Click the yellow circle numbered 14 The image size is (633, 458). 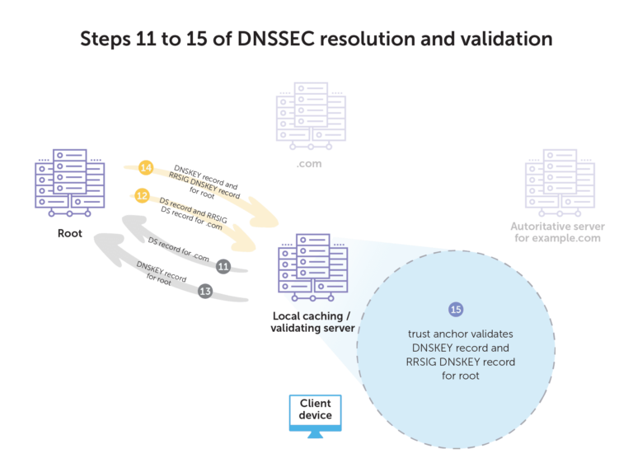click(146, 167)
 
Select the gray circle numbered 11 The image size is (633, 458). click(223, 266)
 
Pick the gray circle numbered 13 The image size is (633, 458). click(206, 290)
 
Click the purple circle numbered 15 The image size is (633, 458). click(455, 310)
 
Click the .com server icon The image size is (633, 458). click(309, 119)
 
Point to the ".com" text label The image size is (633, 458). click(309, 164)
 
